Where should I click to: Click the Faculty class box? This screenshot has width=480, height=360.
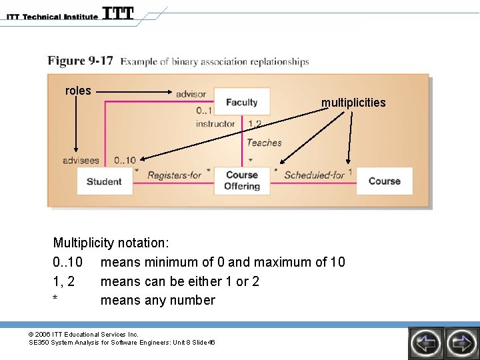click(x=241, y=102)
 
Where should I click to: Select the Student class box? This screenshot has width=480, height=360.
click(x=104, y=181)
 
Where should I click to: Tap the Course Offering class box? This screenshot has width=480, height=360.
click(x=241, y=181)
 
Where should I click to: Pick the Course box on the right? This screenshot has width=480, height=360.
click(x=384, y=181)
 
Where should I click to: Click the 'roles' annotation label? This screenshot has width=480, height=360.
click(x=78, y=91)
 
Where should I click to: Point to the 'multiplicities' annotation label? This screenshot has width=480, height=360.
click(x=353, y=103)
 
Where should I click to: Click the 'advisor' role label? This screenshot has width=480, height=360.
click(x=191, y=94)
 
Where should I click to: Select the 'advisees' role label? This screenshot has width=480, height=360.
click(x=81, y=160)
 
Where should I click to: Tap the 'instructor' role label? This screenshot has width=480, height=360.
click(x=215, y=123)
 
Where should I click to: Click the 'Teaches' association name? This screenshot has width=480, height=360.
click(x=264, y=142)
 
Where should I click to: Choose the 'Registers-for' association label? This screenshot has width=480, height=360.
click(x=174, y=175)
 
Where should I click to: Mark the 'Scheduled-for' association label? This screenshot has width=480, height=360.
click(x=314, y=175)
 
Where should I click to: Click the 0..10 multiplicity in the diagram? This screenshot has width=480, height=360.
click(x=125, y=160)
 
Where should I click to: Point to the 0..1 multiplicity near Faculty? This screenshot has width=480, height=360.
click(x=204, y=111)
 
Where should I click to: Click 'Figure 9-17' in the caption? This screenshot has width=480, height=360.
click(x=80, y=61)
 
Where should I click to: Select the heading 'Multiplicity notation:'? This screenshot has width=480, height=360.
click(x=111, y=243)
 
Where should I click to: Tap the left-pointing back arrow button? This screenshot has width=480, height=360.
click(x=425, y=343)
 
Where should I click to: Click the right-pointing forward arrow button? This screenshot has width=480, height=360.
click(x=461, y=343)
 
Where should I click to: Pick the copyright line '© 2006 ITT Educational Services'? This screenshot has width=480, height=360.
click(x=83, y=334)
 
